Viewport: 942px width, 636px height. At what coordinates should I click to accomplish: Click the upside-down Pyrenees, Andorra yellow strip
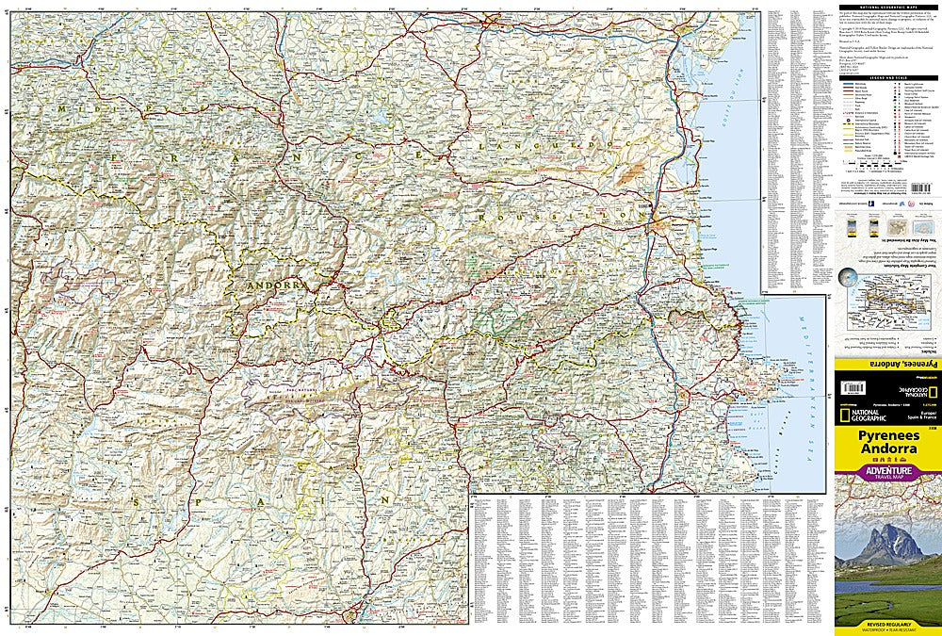click(x=887, y=364)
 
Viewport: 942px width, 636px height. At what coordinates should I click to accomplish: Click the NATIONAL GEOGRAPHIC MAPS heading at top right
click(x=887, y=8)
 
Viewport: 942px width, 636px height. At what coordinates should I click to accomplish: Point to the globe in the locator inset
click(x=853, y=281)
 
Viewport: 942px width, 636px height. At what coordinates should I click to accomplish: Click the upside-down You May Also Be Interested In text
click(x=887, y=240)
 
